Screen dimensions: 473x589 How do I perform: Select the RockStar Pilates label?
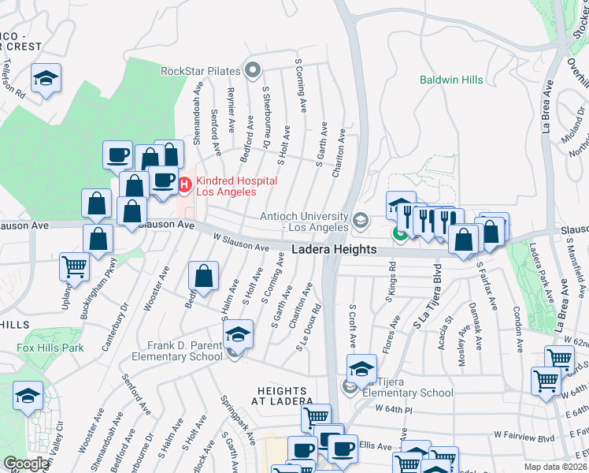[x=200, y=71]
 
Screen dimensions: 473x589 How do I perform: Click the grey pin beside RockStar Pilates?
[x=253, y=71]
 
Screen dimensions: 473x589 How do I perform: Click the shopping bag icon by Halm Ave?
[x=203, y=277]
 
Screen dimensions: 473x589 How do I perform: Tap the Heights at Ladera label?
[x=293, y=397]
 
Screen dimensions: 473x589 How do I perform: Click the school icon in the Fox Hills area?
[x=28, y=397]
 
